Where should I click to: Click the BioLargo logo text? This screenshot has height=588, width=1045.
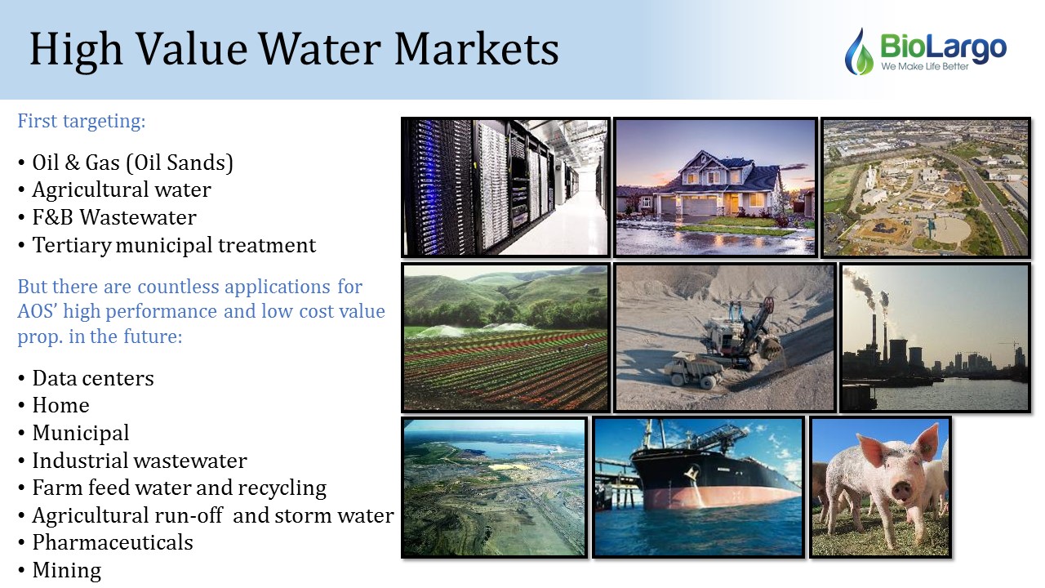coord(943,47)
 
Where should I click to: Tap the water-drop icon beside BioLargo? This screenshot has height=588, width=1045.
coord(859,51)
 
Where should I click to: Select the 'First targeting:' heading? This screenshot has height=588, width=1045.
coord(82,121)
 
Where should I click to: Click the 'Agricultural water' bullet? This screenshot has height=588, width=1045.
coord(122,189)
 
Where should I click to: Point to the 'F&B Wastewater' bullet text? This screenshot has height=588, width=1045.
coord(114,217)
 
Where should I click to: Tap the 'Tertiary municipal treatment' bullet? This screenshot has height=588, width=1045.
coord(174,245)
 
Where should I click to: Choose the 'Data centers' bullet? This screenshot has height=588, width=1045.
coord(93,378)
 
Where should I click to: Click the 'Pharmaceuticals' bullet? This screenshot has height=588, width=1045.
coord(113,542)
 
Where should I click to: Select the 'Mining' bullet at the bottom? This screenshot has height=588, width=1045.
coord(67,570)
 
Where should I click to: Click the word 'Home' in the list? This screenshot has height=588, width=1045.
coord(60,405)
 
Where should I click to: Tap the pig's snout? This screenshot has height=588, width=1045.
coord(903,490)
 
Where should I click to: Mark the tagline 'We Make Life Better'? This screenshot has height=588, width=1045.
coord(925,66)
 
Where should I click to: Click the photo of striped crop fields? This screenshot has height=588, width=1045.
coord(505,337)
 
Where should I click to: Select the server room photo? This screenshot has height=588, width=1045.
coord(505,187)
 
